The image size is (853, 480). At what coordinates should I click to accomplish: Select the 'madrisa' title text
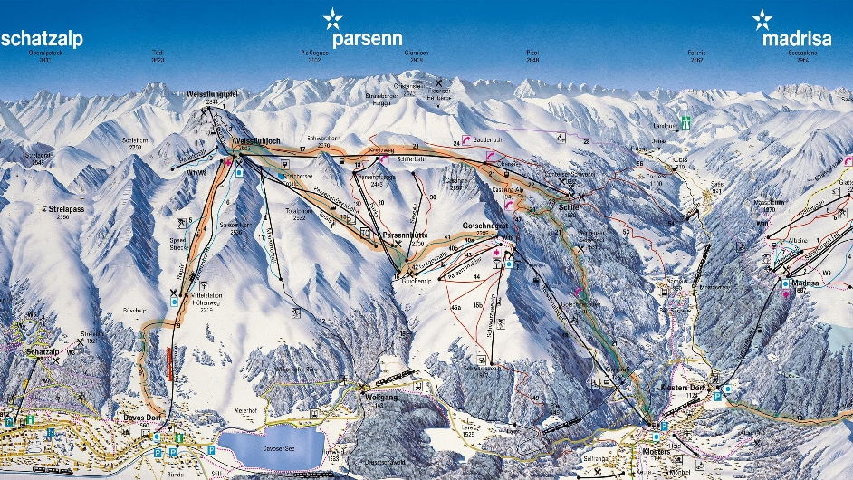coord(796,39)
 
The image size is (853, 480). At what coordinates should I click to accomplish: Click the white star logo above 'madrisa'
coord(763,18)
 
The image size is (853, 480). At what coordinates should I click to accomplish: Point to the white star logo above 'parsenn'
coord(333,18)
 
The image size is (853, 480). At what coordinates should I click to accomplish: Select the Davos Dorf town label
coord(113,419)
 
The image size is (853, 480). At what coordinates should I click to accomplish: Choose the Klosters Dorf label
coord(685,387)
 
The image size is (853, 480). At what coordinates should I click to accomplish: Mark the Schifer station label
coord(570,206)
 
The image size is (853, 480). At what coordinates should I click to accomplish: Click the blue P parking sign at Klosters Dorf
coord(718,395)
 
